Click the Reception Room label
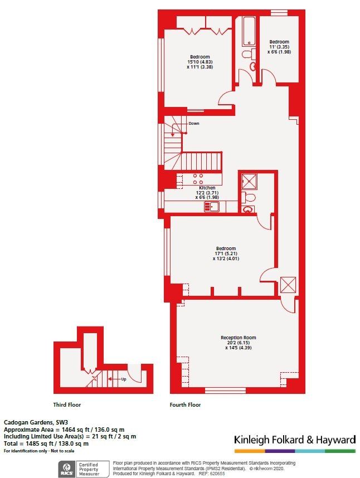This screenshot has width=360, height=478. point(238,338)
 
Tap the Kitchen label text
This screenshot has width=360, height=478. point(207,188)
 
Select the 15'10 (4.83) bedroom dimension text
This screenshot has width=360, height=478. point(200,62)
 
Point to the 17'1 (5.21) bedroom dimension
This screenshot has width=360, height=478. point(226,253)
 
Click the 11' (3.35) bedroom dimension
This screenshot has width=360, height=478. point(279,47)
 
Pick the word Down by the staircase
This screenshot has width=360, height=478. point(193,123)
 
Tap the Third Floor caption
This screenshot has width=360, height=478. point(67,405)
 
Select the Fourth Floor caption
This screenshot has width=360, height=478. point(185,405)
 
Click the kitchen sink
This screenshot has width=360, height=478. point(212,207)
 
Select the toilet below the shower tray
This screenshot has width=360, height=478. point(249,197)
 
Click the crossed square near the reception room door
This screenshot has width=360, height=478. point(289,284)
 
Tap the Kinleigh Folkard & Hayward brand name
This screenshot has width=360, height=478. point(294,440)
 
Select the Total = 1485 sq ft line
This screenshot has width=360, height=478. point(46,443)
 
